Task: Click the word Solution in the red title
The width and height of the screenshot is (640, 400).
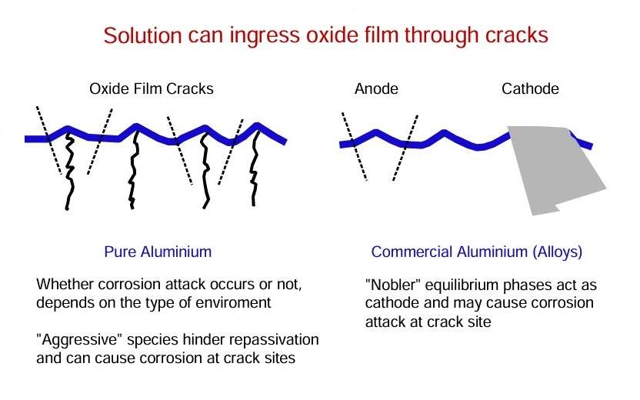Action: tap(143, 35)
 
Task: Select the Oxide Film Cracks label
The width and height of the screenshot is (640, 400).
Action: tap(152, 88)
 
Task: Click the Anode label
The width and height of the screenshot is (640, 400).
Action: tap(376, 88)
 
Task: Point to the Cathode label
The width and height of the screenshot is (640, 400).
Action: tap(530, 88)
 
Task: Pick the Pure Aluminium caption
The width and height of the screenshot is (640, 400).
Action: tap(158, 252)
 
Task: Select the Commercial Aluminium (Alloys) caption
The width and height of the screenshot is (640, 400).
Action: tap(477, 252)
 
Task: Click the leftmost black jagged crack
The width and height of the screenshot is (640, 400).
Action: tap(70, 172)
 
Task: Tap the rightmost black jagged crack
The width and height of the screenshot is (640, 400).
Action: tap(255, 168)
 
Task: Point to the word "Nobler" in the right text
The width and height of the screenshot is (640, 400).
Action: tap(393, 285)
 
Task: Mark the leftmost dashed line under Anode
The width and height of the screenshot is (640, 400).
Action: tap(355, 145)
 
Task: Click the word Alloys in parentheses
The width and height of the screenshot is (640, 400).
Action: tap(558, 252)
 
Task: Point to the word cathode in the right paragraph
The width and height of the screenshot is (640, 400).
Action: tap(392, 303)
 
